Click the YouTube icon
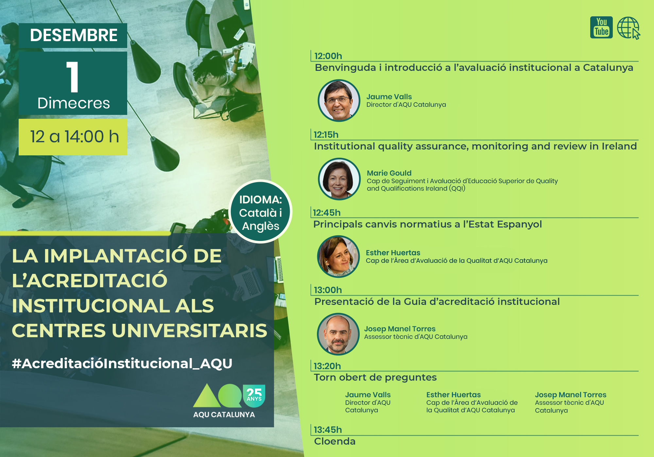601,27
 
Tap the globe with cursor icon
628,28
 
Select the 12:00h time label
328,56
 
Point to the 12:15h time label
326,135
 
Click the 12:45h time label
327,213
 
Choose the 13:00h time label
328,290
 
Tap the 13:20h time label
327,366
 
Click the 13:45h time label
328,430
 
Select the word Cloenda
335,441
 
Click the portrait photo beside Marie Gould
339,179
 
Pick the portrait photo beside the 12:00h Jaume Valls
339,101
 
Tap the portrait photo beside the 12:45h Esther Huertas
338,257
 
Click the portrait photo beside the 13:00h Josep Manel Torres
338,334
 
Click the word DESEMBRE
74,35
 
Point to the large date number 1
73,77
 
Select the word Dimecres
74,103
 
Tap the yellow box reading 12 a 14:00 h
73,137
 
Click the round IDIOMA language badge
261,212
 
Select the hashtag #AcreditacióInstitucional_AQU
122,364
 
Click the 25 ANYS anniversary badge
254,396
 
